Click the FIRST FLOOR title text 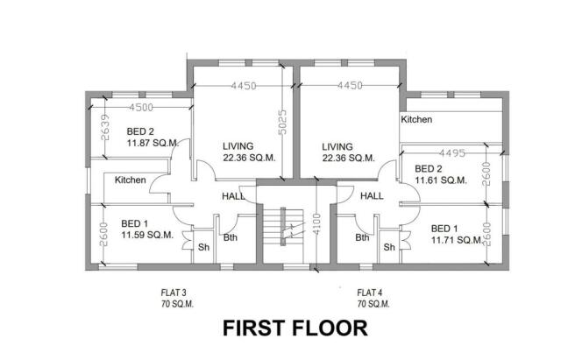pyautogui.click(x=294, y=329)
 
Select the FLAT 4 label pyautogui.click(x=372, y=292)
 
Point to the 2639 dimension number pyautogui.click(x=104, y=129)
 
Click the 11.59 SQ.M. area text pyautogui.click(x=147, y=235)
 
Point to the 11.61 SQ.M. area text pyautogui.click(x=441, y=180)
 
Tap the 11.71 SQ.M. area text pyautogui.click(x=458, y=239)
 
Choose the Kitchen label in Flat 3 pyautogui.click(x=130, y=180)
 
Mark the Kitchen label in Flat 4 pyautogui.click(x=416, y=119)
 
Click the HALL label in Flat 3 pyautogui.click(x=233, y=196)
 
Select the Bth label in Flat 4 pyautogui.click(x=361, y=237)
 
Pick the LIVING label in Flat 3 pyautogui.click(x=238, y=146)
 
